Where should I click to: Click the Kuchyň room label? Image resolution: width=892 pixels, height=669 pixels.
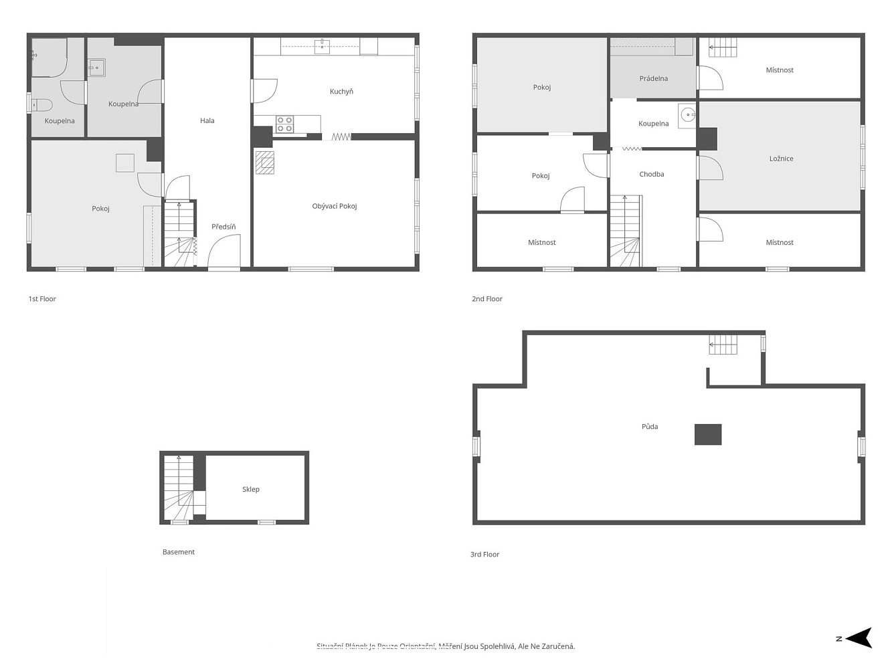tap(341, 92)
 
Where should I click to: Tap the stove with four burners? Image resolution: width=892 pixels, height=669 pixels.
tap(285, 124)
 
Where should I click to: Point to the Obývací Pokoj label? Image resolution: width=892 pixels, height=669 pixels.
tap(335, 206)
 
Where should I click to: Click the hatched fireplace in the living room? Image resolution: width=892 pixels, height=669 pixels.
tap(264, 163)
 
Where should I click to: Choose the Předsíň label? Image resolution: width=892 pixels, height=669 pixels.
tap(224, 227)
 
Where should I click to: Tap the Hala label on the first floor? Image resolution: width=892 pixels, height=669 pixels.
tap(207, 120)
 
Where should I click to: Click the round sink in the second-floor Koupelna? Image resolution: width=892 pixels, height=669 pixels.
tap(687, 115)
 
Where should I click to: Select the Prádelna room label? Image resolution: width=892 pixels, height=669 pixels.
tap(654, 78)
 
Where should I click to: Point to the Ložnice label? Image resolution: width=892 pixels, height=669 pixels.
tap(781, 159)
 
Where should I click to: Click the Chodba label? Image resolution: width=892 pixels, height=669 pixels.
tap(651, 174)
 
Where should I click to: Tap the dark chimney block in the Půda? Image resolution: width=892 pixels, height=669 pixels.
tap(707, 434)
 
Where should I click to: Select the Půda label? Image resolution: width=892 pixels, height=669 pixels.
tap(649, 427)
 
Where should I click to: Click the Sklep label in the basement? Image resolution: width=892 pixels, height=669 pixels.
tap(251, 489)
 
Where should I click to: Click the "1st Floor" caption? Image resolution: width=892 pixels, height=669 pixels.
tap(42, 299)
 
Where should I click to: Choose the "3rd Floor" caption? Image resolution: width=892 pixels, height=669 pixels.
tap(484, 555)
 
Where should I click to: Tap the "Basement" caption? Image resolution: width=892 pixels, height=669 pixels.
tap(179, 552)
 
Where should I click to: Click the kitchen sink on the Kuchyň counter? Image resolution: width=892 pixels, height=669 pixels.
tap(322, 46)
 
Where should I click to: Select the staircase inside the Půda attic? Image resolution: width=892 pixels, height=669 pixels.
tap(723, 345)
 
